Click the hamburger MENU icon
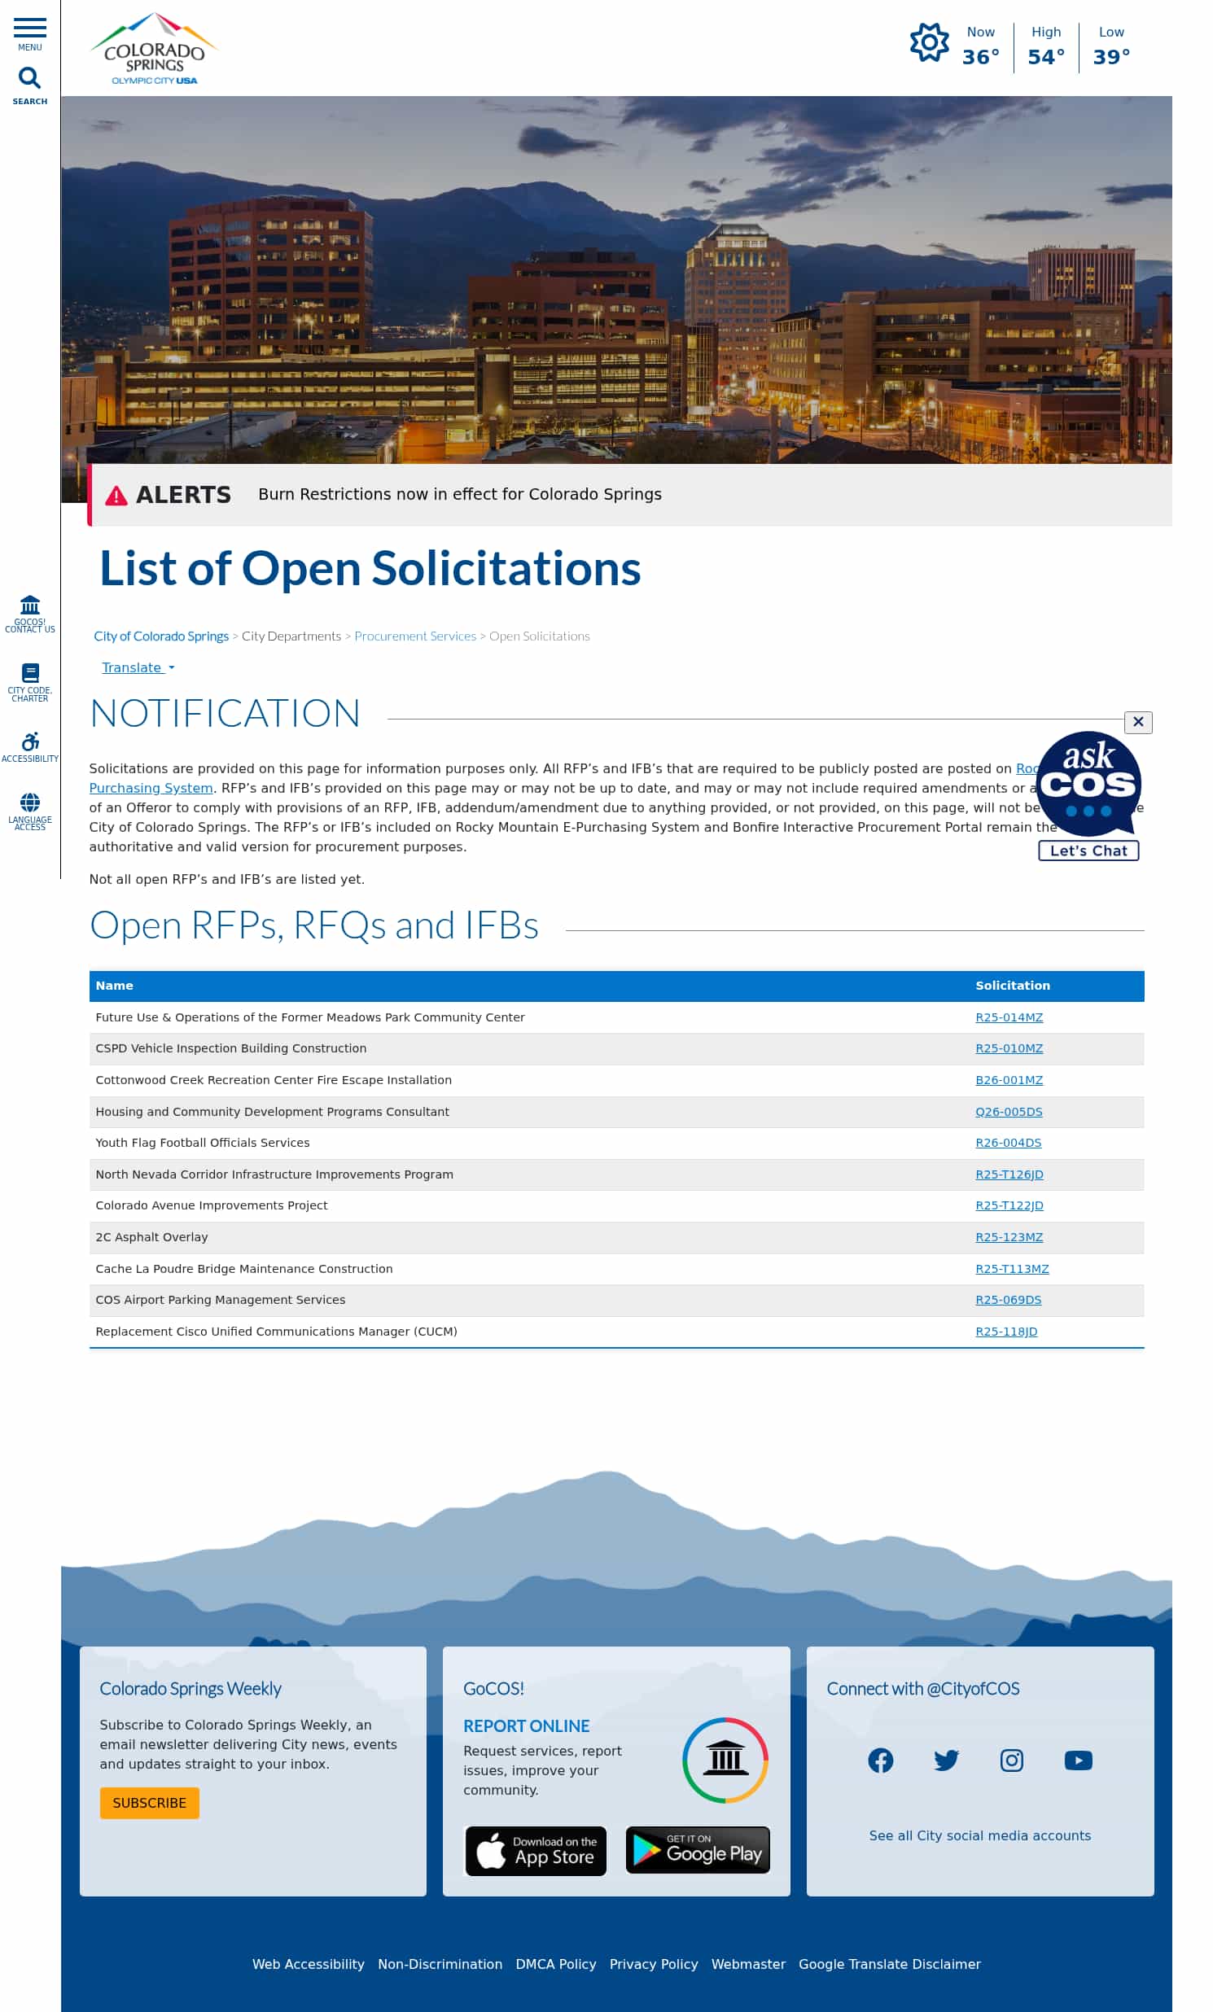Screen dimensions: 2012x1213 (x=29, y=28)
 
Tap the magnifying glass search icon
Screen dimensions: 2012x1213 (x=29, y=78)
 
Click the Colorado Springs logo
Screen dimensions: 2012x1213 (x=154, y=49)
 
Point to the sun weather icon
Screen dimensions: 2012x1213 (x=929, y=42)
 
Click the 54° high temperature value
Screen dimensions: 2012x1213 (x=1045, y=57)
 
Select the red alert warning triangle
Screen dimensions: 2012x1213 (x=116, y=496)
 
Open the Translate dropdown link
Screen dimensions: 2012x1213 (x=138, y=668)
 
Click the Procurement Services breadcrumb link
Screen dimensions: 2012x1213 (x=415, y=636)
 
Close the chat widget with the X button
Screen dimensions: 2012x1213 (x=1138, y=722)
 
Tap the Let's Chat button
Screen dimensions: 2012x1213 (x=1088, y=851)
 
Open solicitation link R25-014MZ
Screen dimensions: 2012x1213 (x=1009, y=1017)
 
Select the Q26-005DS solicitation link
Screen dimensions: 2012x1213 (x=1009, y=1112)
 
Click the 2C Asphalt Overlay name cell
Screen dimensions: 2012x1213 (x=152, y=1237)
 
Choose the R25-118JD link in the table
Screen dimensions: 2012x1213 (x=1006, y=1332)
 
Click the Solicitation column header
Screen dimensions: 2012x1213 (x=1013, y=986)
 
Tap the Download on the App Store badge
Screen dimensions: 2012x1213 (x=536, y=1851)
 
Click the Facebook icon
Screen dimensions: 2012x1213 (x=881, y=1760)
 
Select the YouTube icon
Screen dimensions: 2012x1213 (x=1078, y=1760)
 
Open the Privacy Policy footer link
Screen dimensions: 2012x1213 (x=654, y=1964)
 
